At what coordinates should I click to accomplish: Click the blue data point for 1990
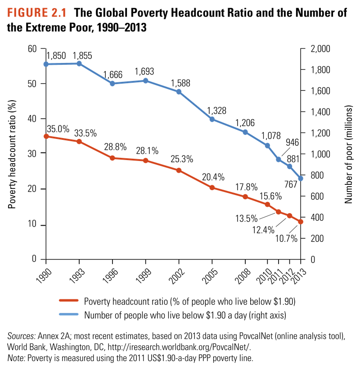(x=46, y=64)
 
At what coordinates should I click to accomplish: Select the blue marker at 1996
(x=112, y=84)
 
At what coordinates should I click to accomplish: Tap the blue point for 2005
(x=212, y=119)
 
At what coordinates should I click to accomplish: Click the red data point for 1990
(x=46, y=136)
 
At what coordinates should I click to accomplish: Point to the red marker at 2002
(x=179, y=170)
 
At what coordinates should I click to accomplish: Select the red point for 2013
(x=301, y=222)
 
